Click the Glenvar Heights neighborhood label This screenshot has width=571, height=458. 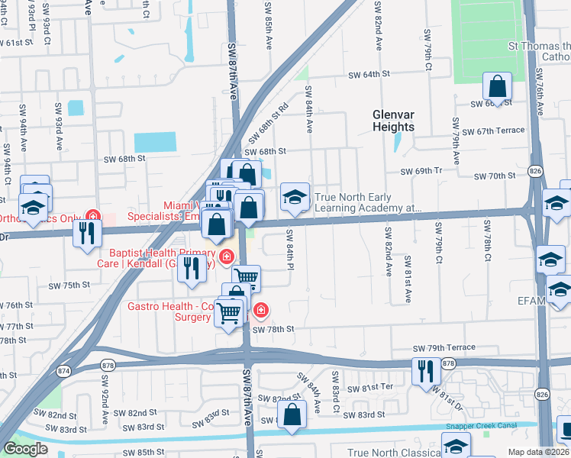[x=393, y=121]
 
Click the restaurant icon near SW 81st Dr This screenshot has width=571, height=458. [x=425, y=372]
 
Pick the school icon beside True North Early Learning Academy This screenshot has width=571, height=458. [x=294, y=198]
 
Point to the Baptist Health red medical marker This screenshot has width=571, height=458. [x=226, y=256]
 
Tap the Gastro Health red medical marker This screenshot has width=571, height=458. [x=260, y=310]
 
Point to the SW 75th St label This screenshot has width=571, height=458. [x=69, y=285]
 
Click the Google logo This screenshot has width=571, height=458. [x=25, y=449]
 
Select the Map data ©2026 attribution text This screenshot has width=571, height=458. [x=539, y=452]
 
